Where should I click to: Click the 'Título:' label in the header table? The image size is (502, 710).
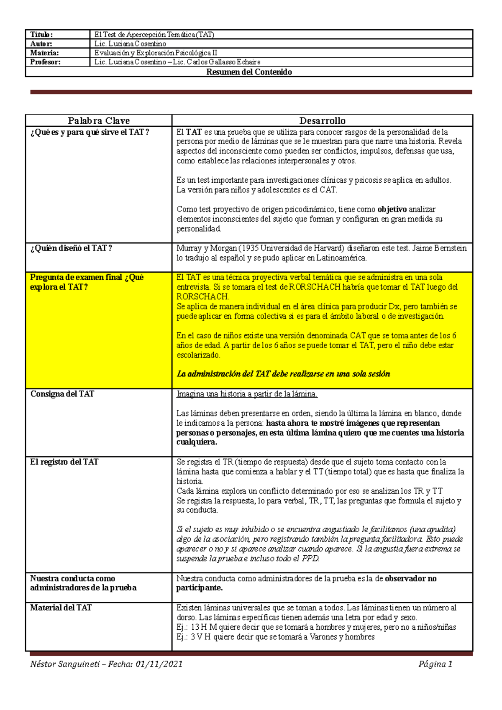pos(41,35)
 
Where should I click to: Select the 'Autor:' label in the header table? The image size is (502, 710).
pos(41,44)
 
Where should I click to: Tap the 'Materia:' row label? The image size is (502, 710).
pos(44,53)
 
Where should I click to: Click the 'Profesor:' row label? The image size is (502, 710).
pos(45,62)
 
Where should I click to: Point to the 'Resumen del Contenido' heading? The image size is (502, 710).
pos(249,72)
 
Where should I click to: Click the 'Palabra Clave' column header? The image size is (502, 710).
pos(99,121)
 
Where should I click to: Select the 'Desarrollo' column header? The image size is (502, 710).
pos(322,121)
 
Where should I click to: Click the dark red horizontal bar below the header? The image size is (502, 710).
pos(251,92)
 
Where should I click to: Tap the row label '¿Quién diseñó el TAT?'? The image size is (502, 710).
pos(71,248)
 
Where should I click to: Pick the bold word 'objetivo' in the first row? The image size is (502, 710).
pos(392,209)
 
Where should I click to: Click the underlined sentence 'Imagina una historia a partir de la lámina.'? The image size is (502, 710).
pos(247,394)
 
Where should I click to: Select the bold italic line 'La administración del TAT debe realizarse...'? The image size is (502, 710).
pos(283,374)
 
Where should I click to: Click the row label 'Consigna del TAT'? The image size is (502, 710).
pos(62,394)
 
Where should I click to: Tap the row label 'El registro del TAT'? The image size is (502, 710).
pos(64,462)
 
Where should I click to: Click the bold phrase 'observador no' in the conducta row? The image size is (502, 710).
pos(410,579)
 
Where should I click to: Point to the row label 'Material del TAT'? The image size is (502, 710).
pos(61,608)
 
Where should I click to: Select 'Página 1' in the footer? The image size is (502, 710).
pos(435,664)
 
